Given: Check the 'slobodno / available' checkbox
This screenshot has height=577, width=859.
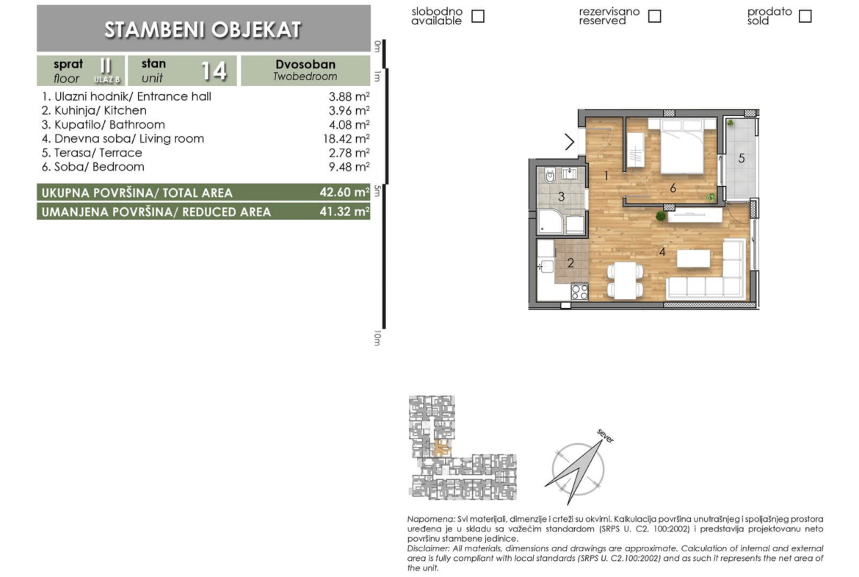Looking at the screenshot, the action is (x=478, y=16).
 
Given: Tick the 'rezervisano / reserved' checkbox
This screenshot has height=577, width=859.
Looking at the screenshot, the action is (x=654, y=16).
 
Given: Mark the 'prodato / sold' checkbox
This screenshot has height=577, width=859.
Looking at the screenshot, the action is (x=805, y=16).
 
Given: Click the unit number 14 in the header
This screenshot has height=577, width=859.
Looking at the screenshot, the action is (x=214, y=71).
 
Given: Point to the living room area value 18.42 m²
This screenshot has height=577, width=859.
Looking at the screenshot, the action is (x=347, y=139).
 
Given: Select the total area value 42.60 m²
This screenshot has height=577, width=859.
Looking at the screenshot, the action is (x=344, y=192).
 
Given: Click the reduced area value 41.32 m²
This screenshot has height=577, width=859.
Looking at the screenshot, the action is (x=344, y=211).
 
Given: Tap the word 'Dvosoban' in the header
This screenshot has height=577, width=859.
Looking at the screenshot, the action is (x=305, y=64).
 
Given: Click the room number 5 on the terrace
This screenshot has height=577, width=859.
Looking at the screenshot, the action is (x=742, y=159).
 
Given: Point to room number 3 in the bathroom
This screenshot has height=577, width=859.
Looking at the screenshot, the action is (x=561, y=196).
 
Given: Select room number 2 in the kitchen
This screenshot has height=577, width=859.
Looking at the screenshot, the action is (x=570, y=262).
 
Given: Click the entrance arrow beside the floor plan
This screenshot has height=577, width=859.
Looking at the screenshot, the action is (x=570, y=142).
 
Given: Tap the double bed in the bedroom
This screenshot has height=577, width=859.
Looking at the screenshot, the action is (x=682, y=146).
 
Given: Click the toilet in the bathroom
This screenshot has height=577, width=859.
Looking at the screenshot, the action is (x=549, y=176).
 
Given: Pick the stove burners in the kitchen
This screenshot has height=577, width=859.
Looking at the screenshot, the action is (x=579, y=291).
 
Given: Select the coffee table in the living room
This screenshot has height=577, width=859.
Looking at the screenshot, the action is (x=694, y=258).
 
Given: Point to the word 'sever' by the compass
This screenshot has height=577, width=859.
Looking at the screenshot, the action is (x=606, y=436).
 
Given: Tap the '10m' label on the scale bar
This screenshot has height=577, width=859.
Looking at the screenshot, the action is (x=377, y=338).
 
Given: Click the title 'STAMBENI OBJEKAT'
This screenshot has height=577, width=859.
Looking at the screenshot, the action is (x=203, y=29).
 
